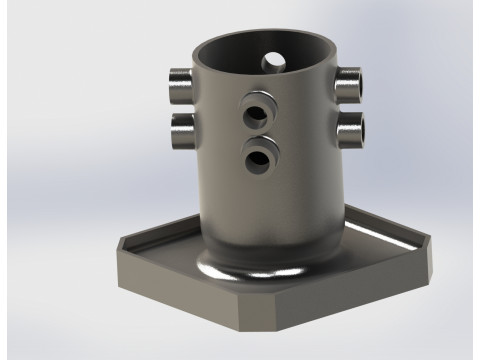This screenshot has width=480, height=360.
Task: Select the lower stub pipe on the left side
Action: click(x=183, y=123)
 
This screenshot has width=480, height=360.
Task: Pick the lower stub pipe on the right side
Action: click(x=350, y=127)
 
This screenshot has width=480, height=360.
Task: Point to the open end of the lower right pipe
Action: click(x=358, y=128)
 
